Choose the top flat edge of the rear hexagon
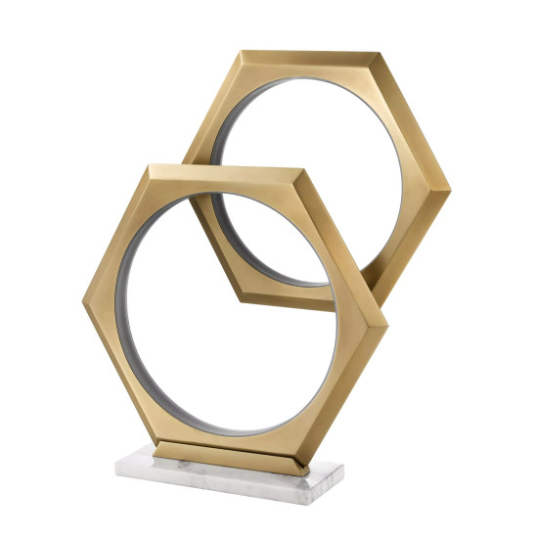pos(308,54)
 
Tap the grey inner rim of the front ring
pos(125,293)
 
